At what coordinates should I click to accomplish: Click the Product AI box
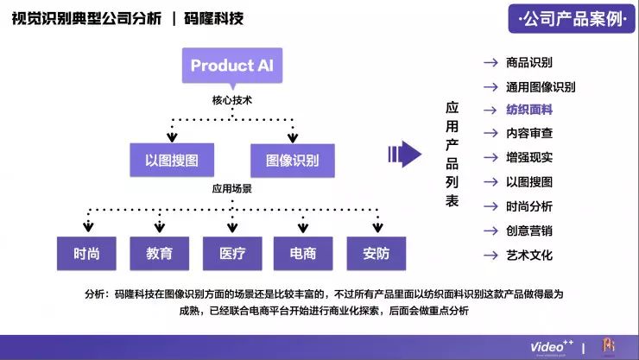[232, 66]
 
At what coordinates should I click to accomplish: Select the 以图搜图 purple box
[172, 160]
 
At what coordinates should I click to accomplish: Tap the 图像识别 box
[293, 160]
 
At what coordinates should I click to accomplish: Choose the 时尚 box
[86, 253]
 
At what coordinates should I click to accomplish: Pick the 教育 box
[159, 253]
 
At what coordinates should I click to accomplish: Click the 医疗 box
[232, 253]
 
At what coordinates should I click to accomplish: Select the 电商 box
[303, 253]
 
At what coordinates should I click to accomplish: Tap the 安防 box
[376, 253]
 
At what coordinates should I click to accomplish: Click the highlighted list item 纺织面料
[529, 110]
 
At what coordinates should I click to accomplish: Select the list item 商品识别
[529, 62]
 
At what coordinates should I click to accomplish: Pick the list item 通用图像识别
[541, 86]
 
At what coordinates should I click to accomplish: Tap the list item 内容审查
[529, 134]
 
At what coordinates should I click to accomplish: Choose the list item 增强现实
[529, 158]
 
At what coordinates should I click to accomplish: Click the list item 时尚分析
[529, 206]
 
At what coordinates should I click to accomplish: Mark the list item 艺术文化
[529, 256]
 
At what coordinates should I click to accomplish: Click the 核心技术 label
[232, 100]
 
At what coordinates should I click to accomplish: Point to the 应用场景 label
[232, 187]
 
